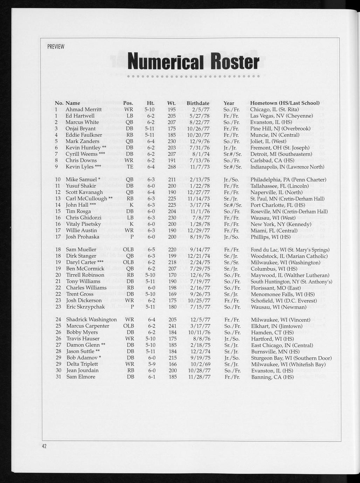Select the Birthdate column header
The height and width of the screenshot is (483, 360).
[x=198, y=103]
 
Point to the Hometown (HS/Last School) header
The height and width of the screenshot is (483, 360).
[x=285, y=103]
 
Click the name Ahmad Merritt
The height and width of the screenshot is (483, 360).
[x=84, y=109]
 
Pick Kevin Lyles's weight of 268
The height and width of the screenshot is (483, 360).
[x=172, y=167]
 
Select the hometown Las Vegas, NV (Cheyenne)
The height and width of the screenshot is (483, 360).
[x=282, y=116]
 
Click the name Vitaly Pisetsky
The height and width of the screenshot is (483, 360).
[x=83, y=224]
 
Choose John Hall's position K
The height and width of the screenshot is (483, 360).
[x=132, y=205]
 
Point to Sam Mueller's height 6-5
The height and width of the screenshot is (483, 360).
[x=151, y=249]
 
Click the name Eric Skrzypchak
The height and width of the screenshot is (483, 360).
[x=85, y=307]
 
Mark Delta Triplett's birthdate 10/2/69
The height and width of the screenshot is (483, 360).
[x=200, y=364]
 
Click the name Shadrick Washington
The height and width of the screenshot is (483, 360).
[x=91, y=319]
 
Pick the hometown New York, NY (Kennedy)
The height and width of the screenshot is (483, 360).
[x=281, y=224]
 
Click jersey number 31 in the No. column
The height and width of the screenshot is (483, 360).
[x=59, y=377]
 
